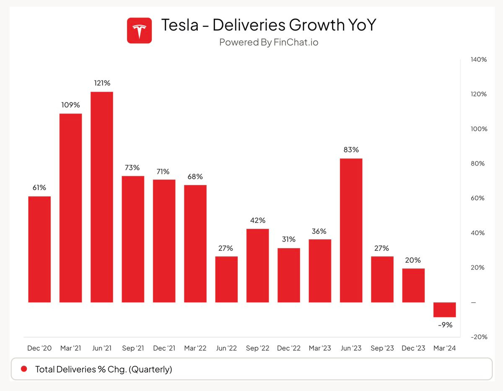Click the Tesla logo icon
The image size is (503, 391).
(x=139, y=31)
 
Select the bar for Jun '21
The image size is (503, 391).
(x=102, y=197)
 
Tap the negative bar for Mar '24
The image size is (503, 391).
(x=444, y=310)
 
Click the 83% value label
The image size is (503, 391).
(x=351, y=150)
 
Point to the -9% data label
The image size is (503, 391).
(x=444, y=324)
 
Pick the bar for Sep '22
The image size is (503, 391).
(x=257, y=265)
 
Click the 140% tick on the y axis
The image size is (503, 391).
(x=478, y=60)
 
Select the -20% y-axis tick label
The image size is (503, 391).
(x=478, y=337)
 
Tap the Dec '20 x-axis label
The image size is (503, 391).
(x=39, y=348)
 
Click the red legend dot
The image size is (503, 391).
(x=24, y=369)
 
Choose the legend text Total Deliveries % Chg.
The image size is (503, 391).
(x=104, y=369)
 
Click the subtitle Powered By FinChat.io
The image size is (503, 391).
(x=269, y=42)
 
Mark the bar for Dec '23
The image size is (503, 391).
(x=413, y=285)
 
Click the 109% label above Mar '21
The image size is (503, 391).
(x=70, y=105)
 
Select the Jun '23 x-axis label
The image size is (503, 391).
(x=351, y=348)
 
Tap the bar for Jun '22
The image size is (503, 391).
(x=226, y=279)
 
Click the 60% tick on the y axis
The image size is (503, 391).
(x=478, y=198)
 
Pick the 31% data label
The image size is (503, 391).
(x=289, y=239)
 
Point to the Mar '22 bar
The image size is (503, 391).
(x=195, y=243)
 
